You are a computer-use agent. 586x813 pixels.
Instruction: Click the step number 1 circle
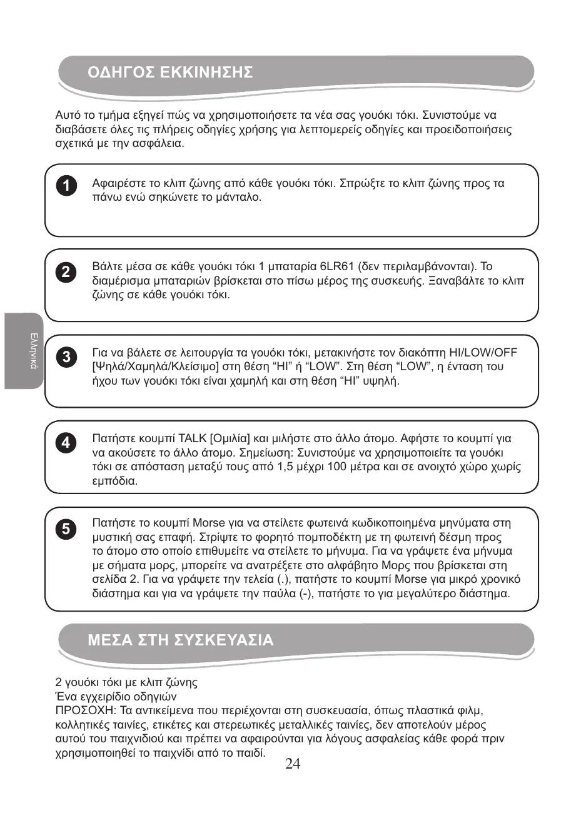coord(65,186)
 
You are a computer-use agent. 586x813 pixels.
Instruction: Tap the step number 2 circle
coord(65,272)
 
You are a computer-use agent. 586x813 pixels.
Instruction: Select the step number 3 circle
coord(65,357)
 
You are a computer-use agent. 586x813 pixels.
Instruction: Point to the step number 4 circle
coord(65,443)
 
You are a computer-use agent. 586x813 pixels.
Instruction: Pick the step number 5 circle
coord(65,529)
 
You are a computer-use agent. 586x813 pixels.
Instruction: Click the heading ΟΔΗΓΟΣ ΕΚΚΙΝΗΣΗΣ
coord(170,73)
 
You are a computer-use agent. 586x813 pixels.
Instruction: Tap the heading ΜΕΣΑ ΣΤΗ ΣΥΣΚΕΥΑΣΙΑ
coord(181,640)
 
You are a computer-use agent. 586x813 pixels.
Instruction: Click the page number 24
coord(293,764)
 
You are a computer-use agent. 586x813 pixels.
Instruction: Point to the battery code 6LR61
coord(338,266)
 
